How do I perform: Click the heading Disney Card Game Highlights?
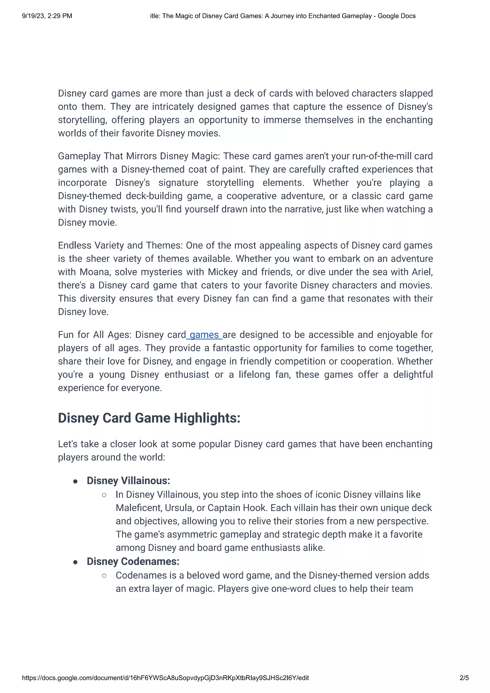[x=149, y=418]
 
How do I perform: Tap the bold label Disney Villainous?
[x=128, y=481]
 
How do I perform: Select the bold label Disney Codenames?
[x=133, y=561]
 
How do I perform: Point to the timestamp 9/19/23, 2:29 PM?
[x=47, y=16]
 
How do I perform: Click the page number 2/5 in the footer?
[x=464, y=678]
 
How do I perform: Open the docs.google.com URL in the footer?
[x=165, y=678]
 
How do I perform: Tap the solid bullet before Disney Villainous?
[x=75, y=481]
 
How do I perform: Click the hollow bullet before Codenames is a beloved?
[x=104, y=576]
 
